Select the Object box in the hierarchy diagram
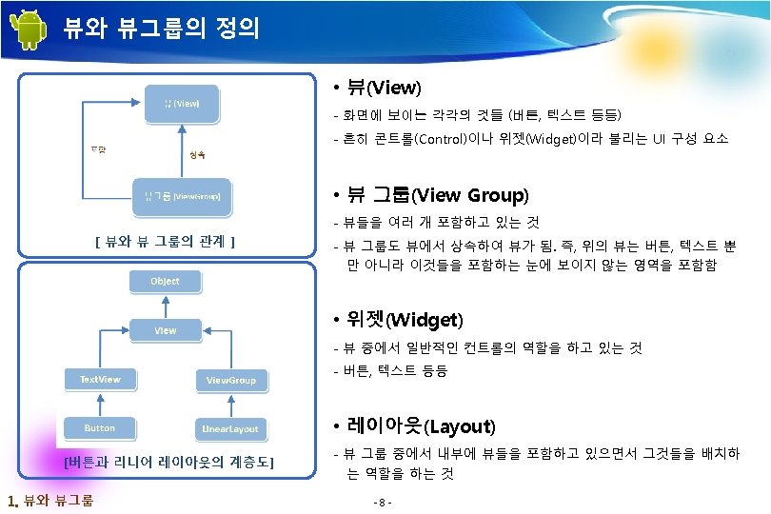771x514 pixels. coord(165,281)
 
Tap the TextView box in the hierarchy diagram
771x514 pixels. coord(101,380)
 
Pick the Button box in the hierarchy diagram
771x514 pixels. coord(100,428)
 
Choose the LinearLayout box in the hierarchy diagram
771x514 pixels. coord(230,429)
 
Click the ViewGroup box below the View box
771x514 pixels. coord(231,381)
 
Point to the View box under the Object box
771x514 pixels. coord(166,330)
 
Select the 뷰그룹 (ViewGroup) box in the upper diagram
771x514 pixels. coord(182,196)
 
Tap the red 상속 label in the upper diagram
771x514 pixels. coord(198,153)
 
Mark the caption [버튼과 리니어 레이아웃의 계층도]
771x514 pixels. coord(168,463)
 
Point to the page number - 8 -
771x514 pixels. coord(385,502)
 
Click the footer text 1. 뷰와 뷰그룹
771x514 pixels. coord(49,501)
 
